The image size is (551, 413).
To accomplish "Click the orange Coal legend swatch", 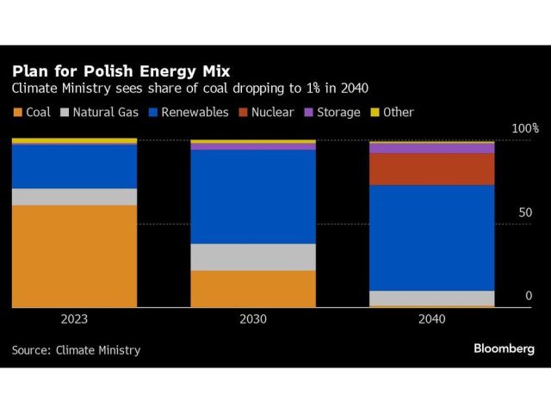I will [x=17, y=113].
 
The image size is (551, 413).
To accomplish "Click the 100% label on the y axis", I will [x=524, y=128].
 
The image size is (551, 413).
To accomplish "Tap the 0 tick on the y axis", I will [x=529, y=296].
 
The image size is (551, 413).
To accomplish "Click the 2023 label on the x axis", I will [x=74, y=319].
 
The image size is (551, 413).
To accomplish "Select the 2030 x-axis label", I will [x=253, y=319].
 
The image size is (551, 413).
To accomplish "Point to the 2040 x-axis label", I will [x=431, y=319].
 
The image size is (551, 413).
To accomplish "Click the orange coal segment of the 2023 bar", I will [x=74, y=256].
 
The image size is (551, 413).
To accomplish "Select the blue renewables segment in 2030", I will [x=253, y=196].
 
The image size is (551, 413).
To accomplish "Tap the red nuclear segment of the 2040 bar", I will [x=431, y=169].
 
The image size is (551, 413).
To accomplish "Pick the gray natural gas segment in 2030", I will [x=253, y=256].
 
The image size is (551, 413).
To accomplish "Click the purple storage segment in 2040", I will [x=431, y=148].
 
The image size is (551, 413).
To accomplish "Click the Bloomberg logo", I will [x=504, y=348].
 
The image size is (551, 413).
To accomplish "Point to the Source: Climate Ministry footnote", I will [x=76, y=350].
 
